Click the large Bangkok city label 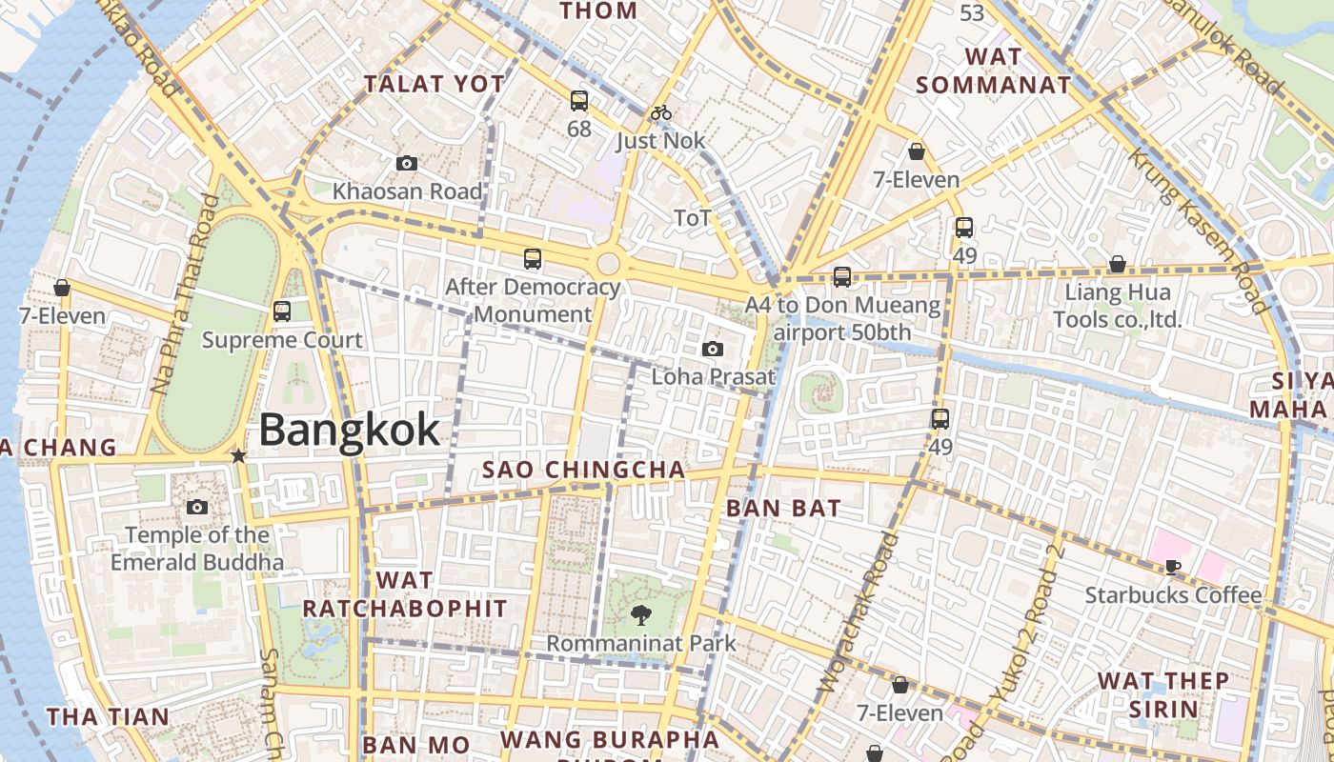pos(349,430)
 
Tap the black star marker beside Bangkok pos(238,456)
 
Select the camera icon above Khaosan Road pos(407,164)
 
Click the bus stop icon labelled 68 pos(578,101)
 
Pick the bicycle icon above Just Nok pos(661,113)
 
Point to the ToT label pos(693,218)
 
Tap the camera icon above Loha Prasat pos(713,350)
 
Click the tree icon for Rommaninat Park pos(641,614)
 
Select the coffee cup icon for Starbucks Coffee pos(1172,568)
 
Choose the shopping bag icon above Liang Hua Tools pos(1117,264)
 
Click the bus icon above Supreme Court pos(281,311)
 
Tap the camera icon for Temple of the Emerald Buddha pos(197,507)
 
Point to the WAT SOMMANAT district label pos(993,70)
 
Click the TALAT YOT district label pos(435,84)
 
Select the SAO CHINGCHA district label pos(583,470)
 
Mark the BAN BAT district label pos(783,509)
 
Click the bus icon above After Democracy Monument pos(533,259)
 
